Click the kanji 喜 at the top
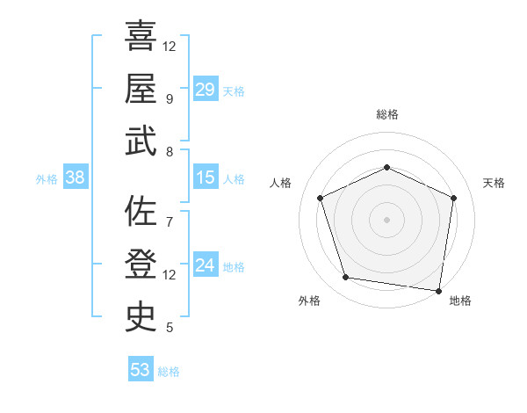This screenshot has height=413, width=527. [141, 37]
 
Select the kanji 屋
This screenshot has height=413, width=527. [141, 89]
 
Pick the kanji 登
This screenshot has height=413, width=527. [141, 264]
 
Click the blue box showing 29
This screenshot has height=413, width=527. [206, 90]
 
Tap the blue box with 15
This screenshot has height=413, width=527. [206, 178]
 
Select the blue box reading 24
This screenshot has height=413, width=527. [206, 265]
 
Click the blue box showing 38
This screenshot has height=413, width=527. [76, 178]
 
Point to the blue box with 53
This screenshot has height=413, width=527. [141, 369]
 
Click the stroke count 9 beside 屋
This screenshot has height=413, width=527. [169, 98]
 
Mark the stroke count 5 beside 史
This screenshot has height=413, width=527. [169, 328]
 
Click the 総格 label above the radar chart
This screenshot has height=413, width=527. [386, 114]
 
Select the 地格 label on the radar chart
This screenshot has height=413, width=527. [460, 301]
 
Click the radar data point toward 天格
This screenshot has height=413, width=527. [453, 198]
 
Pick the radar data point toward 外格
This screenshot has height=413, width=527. [346, 278]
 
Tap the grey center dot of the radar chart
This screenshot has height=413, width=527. [386, 220]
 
